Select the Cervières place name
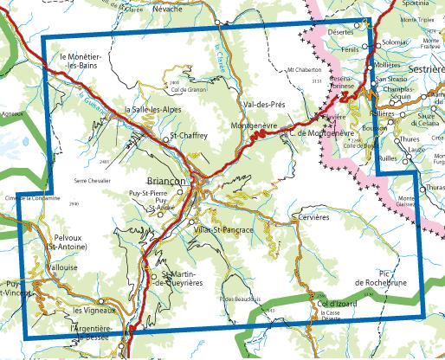313,216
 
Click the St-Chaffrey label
186,135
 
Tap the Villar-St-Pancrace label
224,229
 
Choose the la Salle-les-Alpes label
153,110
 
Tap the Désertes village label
342,32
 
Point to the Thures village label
410,138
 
